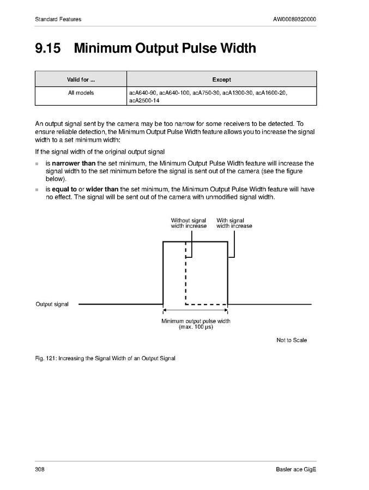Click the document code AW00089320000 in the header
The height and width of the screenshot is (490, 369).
[294, 20]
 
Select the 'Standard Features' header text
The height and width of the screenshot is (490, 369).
[58, 20]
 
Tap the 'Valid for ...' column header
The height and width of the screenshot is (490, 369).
[81, 80]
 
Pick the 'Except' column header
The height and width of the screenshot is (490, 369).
[221, 80]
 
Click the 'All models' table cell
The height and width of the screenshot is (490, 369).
[81, 93]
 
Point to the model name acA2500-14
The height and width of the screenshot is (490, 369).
[144, 100]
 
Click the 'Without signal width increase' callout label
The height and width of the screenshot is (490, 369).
[189, 223]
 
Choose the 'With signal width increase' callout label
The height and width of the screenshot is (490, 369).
[234, 223]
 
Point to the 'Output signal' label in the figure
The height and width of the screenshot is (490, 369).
[52, 304]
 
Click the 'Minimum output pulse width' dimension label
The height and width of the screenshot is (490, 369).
[196, 321]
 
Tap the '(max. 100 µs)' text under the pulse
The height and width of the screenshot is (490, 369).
[196, 327]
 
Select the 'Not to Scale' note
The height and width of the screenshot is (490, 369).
[292, 340]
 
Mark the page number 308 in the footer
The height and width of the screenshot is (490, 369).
[39, 470]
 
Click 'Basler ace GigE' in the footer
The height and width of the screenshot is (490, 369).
[296, 470]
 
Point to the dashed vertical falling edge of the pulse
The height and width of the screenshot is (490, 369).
[186, 273]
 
